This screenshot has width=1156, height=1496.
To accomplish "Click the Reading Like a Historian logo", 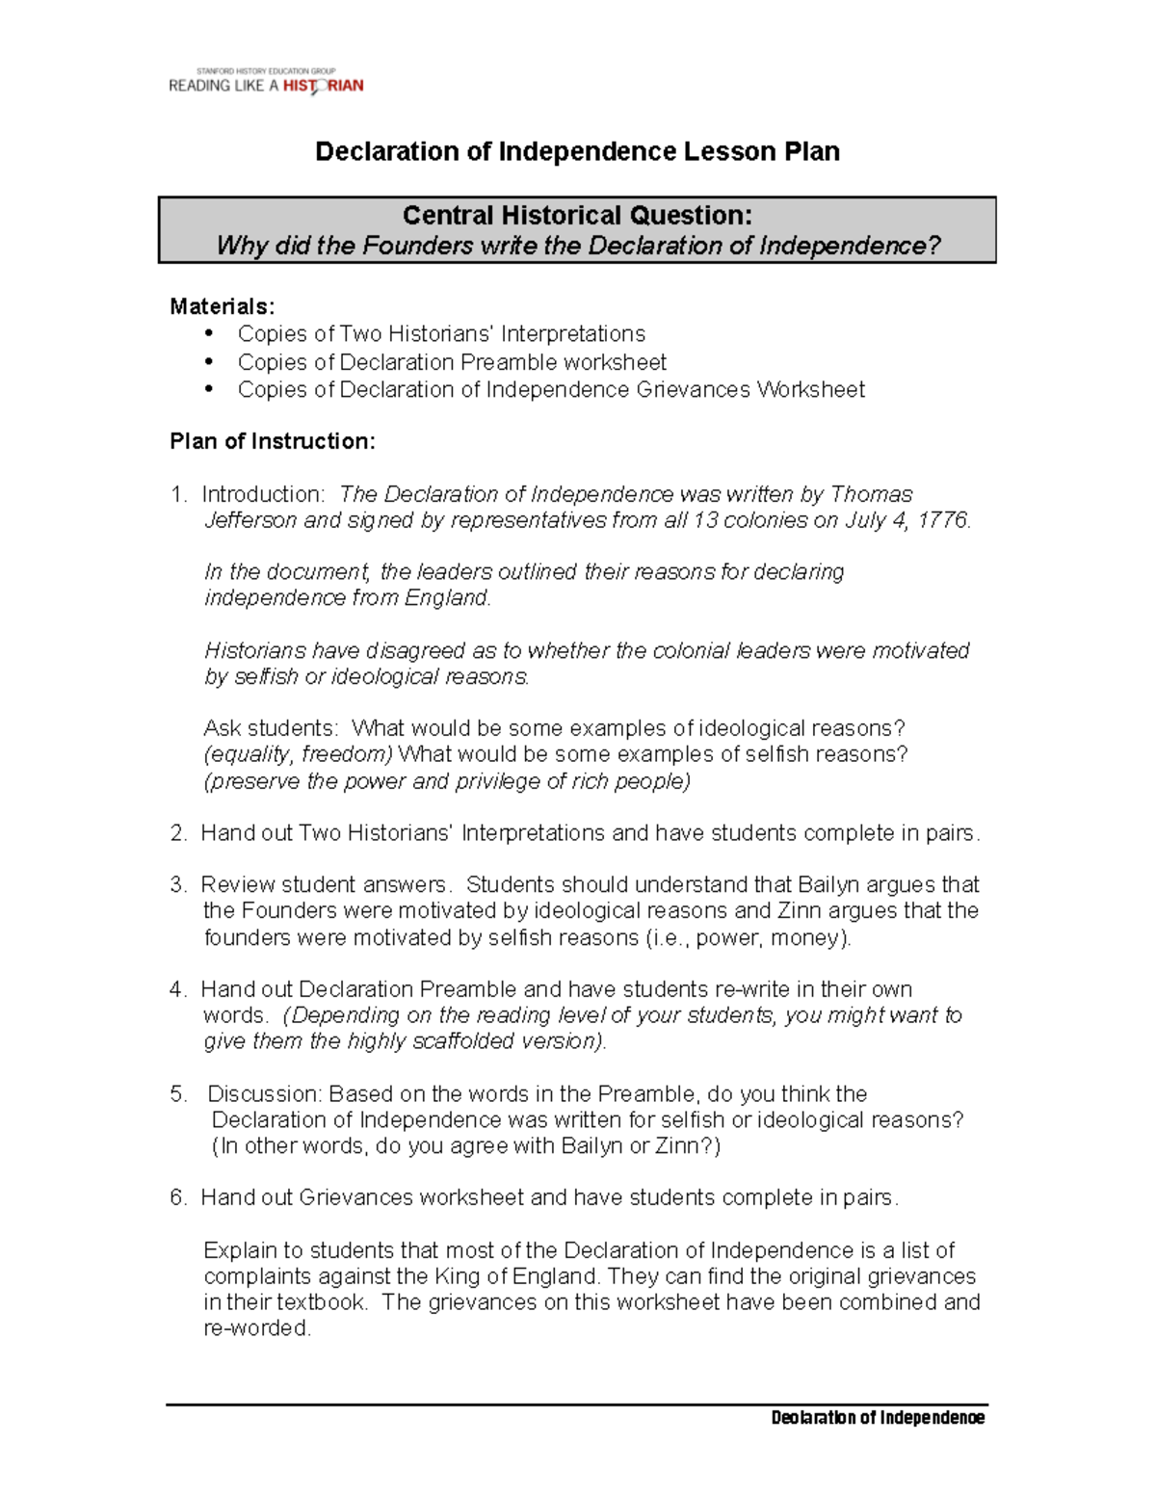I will (266, 82).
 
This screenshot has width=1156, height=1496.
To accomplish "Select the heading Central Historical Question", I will (576, 215).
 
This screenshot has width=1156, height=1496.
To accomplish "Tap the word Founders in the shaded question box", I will (417, 246).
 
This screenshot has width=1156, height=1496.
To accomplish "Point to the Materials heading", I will (222, 306).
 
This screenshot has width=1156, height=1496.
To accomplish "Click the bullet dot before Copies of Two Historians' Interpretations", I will (208, 333).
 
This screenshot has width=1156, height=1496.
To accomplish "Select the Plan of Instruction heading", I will (272, 441).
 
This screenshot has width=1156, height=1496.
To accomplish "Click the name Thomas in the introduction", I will (871, 494).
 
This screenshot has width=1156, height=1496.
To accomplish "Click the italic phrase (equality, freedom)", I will (299, 754).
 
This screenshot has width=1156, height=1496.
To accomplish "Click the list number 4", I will (176, 989).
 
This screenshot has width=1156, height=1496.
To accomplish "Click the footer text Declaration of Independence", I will (878, 1417).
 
